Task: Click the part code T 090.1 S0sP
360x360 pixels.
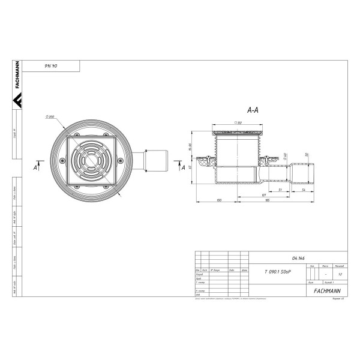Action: pos(275,271)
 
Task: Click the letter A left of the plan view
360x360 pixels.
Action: pos(36,169)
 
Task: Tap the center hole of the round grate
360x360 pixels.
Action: pos(91,160)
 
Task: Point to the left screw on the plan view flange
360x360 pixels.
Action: pos(61,160)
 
